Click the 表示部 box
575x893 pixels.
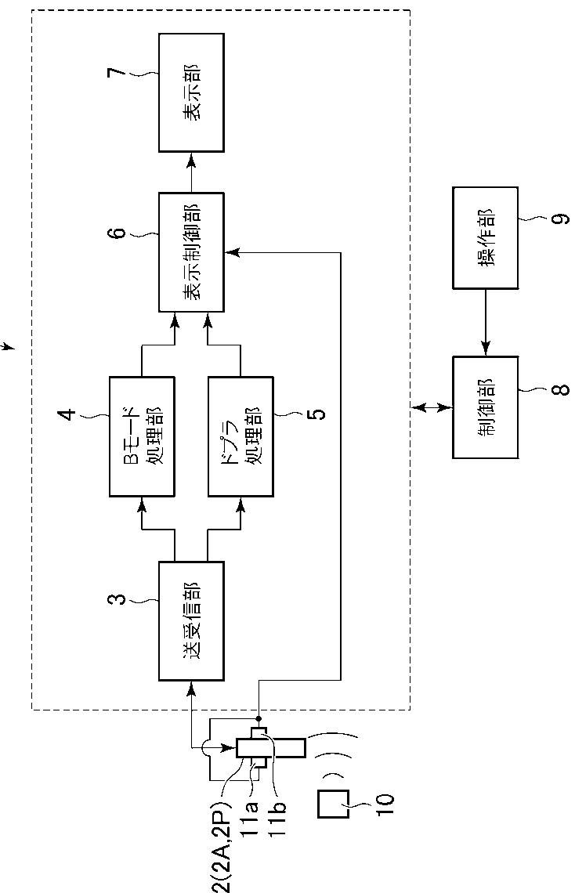pos(190,92)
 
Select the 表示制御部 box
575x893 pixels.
pos(190,251)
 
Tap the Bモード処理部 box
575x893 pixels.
pos(142,436)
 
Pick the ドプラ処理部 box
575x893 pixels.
pos(240,436)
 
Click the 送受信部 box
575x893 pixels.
pos(190,620)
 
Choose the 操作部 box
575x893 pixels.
pos(485,237)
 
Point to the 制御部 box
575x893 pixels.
pos(485,407)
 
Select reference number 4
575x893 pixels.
pos(67,414)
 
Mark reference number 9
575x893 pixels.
pos(560,218)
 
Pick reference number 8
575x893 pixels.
pos(560,389)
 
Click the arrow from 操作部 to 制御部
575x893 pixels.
pos(485,323)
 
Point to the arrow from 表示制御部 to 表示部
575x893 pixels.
pos(190,172)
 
